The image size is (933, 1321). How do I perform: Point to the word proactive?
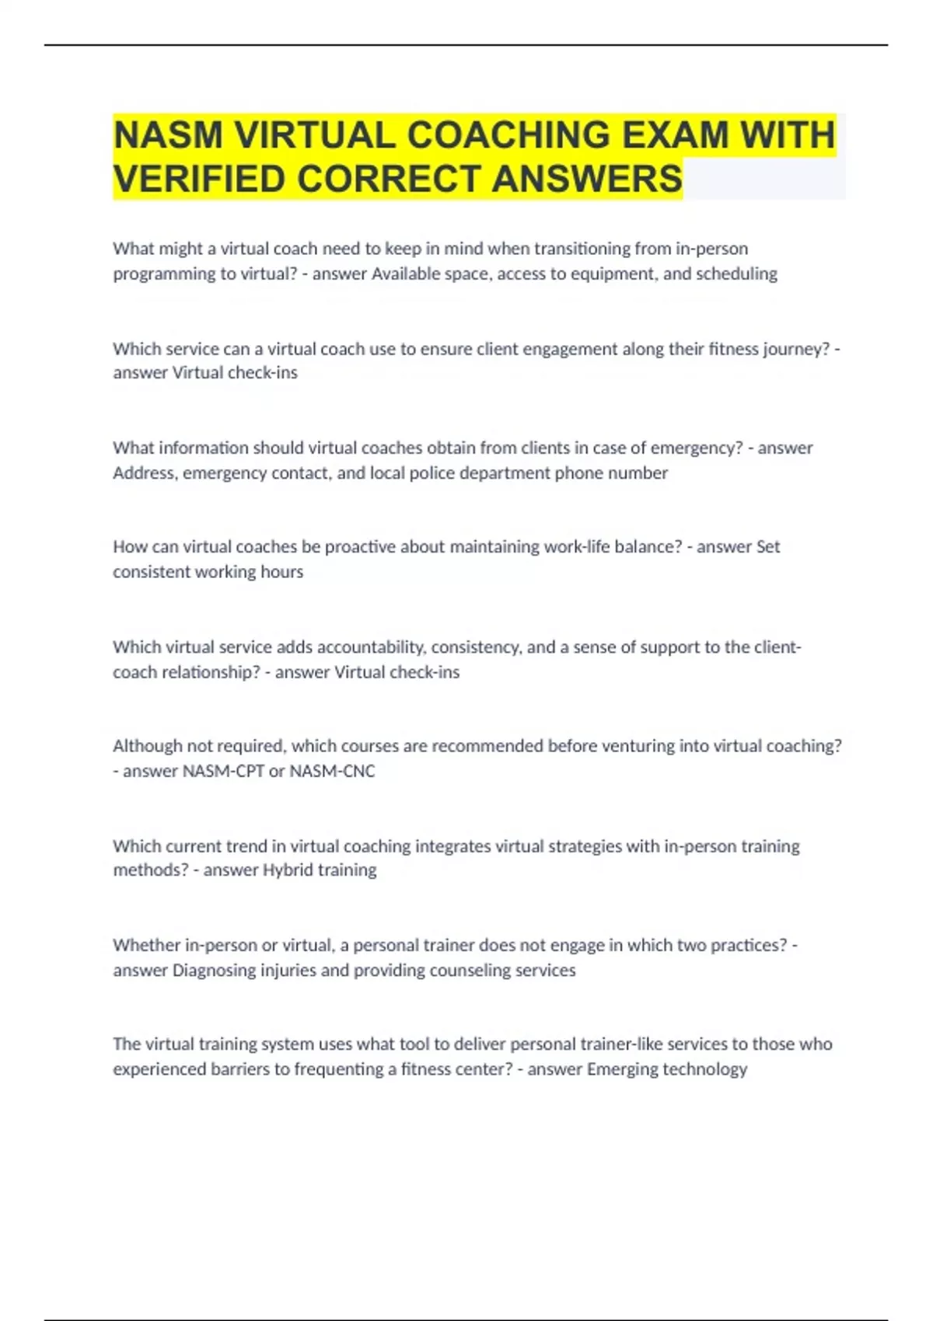tap(360, 546)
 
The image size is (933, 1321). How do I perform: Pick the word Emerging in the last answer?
tap(620, 1069)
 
